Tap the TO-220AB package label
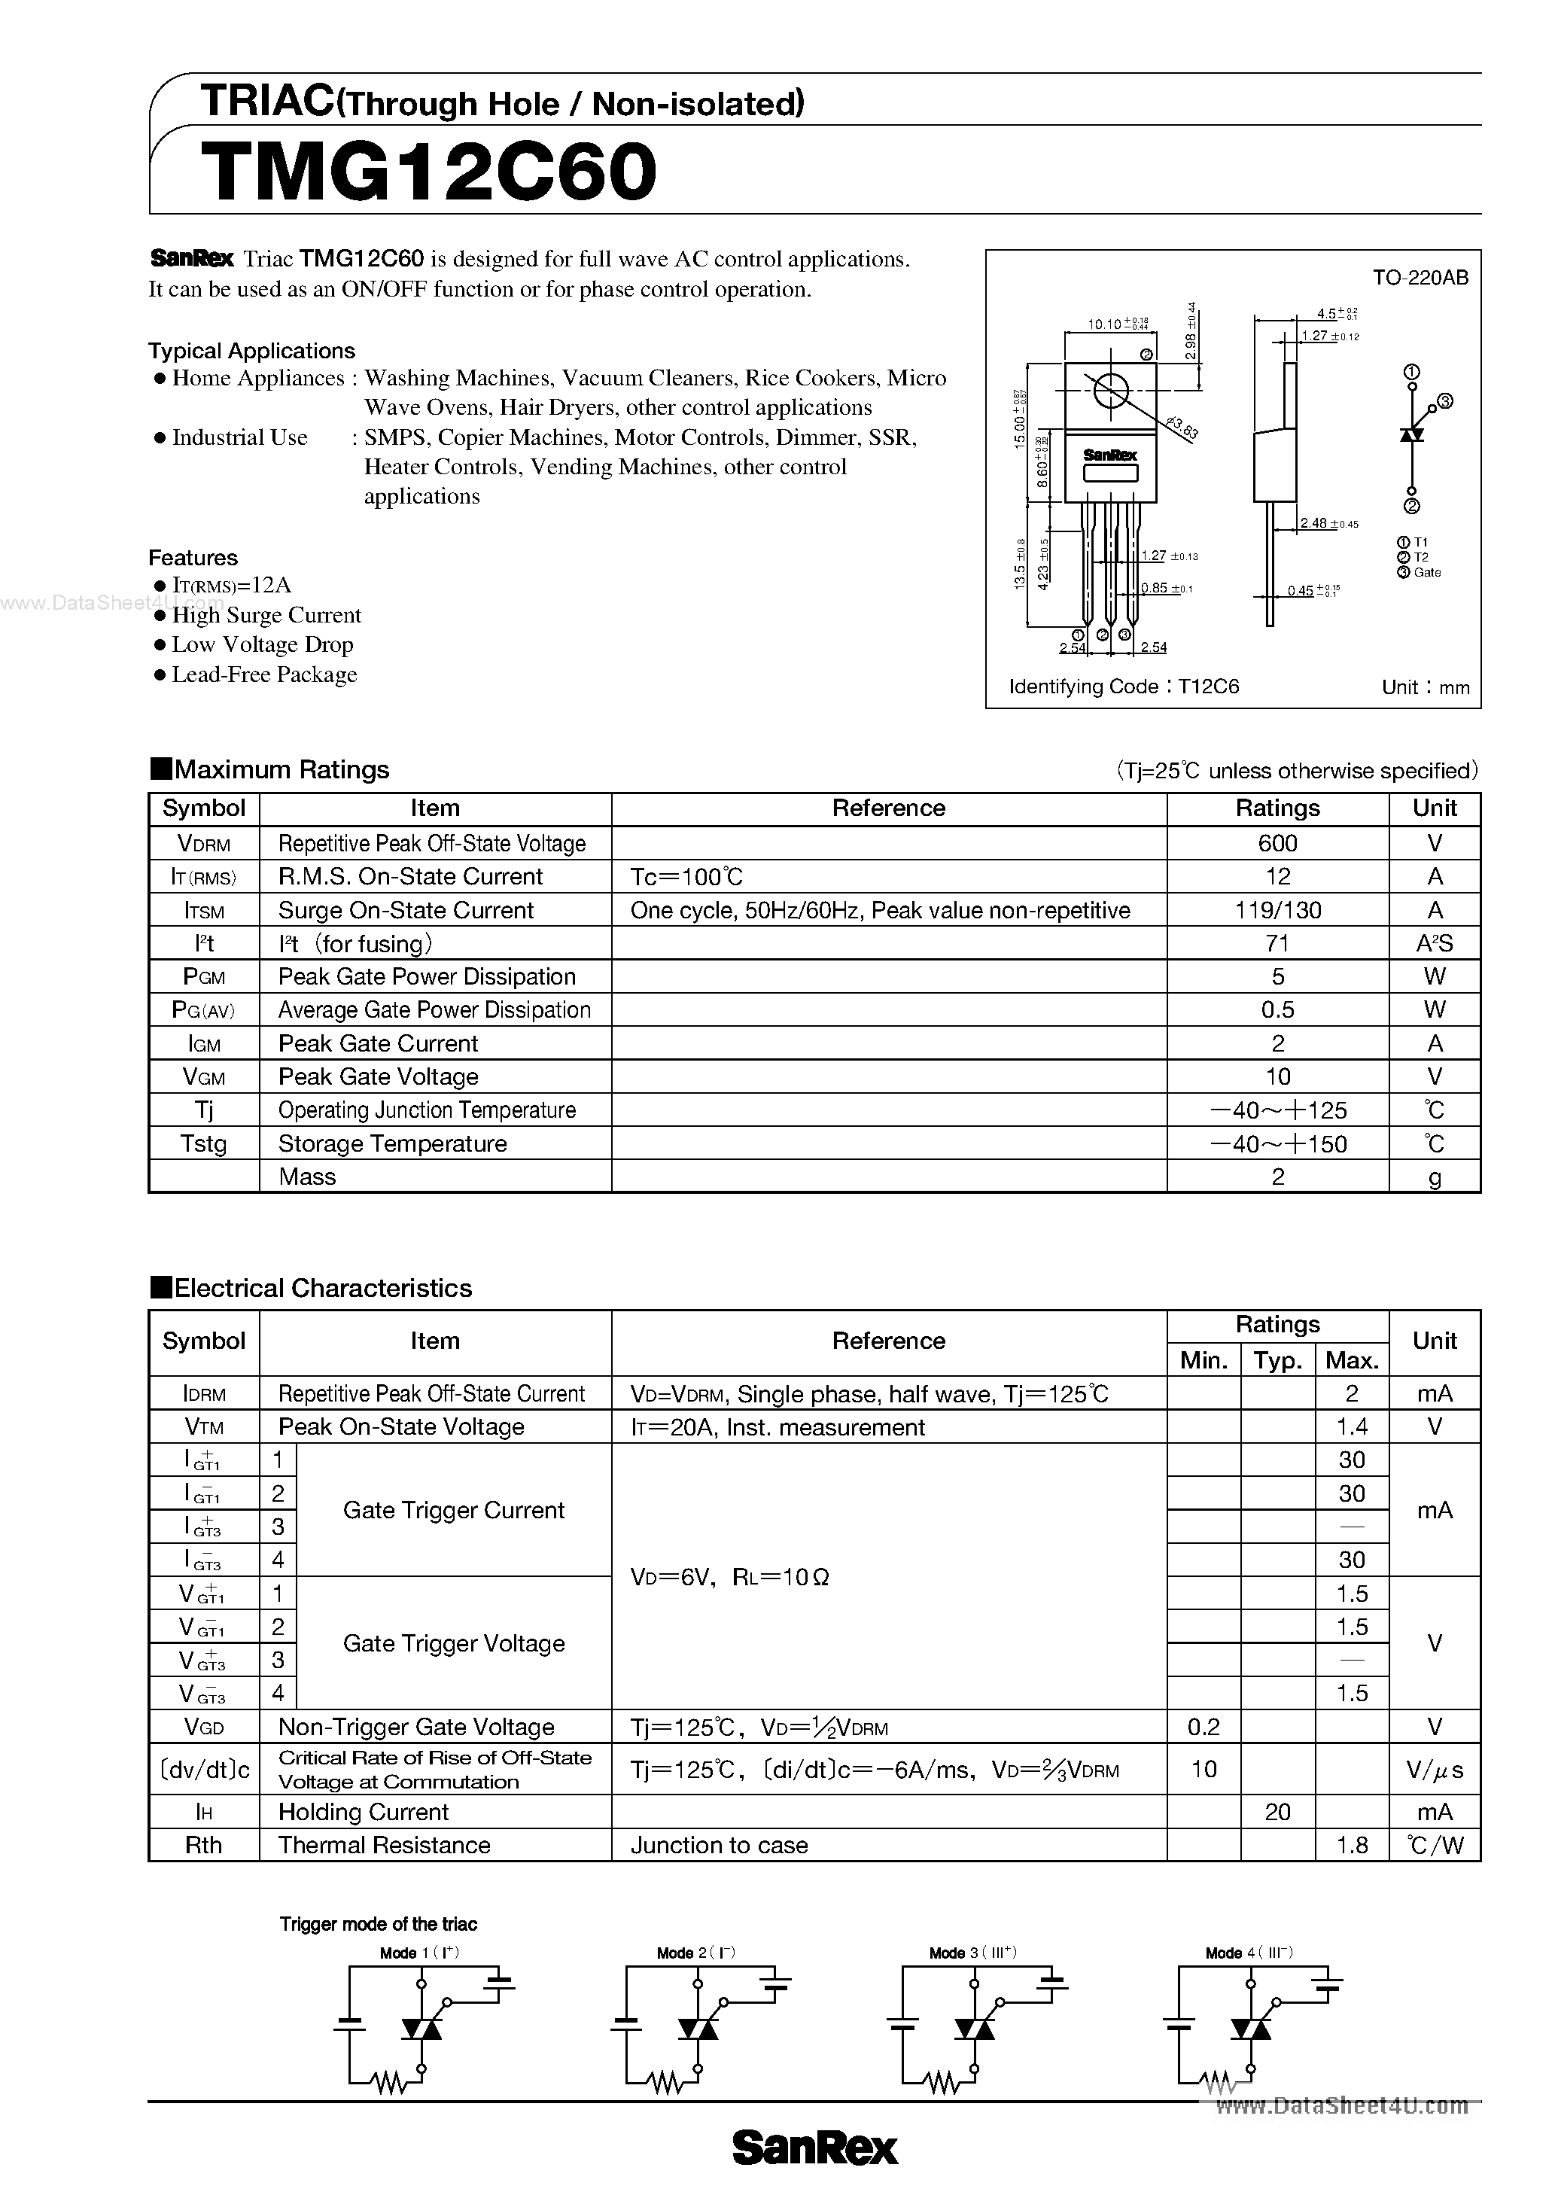coord(1420,278)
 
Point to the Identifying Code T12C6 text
coord(1124,686)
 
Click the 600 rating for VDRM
coord(1277,844)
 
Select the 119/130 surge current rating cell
coord(1277,910)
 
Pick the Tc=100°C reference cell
coord(686,876)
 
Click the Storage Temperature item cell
coord(392,1143)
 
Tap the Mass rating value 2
coord(1277,1177)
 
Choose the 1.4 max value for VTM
coord(1351,1426)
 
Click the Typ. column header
coord(1277,1360)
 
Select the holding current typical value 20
coord(1277,1812)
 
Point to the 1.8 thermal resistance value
coord(1351,1846)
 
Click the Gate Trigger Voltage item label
coord(453,1643)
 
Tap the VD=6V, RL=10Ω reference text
coord(729,1577)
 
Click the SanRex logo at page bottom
coord(815,2148)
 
